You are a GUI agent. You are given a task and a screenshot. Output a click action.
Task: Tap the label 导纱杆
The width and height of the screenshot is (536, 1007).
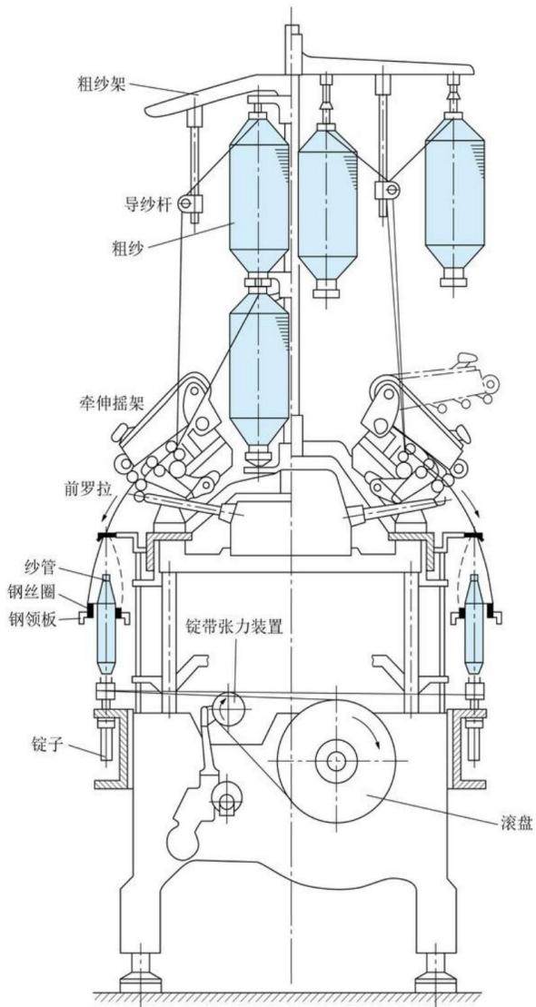pos(146,205)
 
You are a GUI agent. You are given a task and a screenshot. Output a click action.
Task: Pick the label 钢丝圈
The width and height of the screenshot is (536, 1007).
pos(32,590)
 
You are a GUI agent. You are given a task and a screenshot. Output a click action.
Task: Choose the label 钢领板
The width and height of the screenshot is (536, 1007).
pos(32,620)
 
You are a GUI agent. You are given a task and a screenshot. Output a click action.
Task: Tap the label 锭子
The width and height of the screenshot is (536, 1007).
pos(47,745)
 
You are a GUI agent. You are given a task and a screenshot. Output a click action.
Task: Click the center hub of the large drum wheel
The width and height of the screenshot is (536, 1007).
pos(335,761)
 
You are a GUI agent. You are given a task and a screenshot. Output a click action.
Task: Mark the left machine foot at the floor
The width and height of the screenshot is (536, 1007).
pos(142,975)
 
